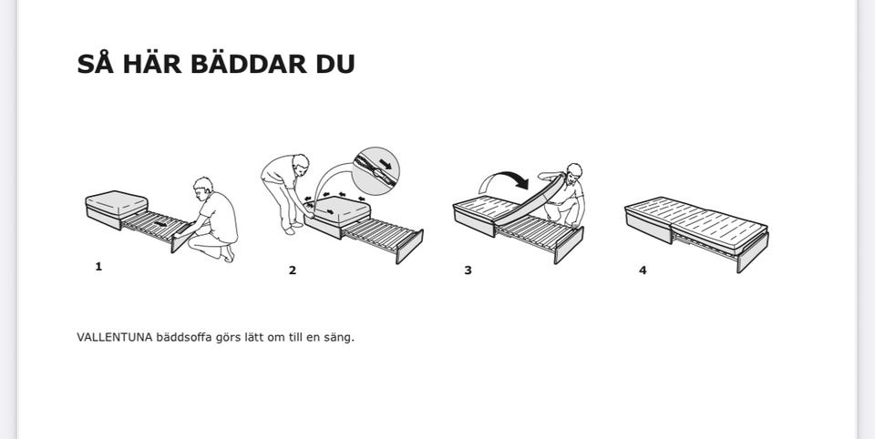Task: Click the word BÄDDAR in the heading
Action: (x=248, y=64)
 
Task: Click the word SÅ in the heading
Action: (x=96, y=63)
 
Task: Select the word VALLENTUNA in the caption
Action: (x=115, y=338)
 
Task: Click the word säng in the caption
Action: (x=339, y=338)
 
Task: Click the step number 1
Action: (x=98, y=267)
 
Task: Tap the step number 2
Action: (x=293, y=271)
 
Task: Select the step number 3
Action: (x=468, y=271)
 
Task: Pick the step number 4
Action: (x=643, y=271)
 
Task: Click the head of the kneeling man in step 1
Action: (x=203, y=187)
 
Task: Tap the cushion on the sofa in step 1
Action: (x=116, y=203)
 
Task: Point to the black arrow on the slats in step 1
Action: (x=160, y=224)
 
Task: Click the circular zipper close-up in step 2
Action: (x=376, y=171)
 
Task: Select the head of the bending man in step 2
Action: (x=301, y=163)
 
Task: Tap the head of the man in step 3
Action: (x=573, y=172)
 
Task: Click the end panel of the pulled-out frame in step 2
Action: (x=409, y=247)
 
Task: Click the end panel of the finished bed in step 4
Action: (x=753, y=252)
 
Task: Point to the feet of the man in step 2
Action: (x=293, y=228)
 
